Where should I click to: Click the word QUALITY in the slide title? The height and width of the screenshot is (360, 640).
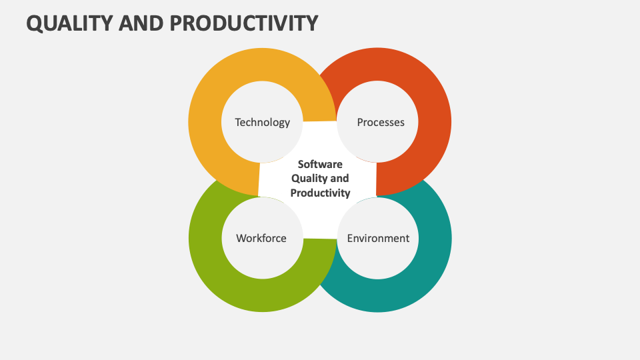(69, 23)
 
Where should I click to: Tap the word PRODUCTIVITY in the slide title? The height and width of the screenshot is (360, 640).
(243, 23)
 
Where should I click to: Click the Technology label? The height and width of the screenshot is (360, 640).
(263, 122)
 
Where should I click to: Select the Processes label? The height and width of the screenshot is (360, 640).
(381, 122)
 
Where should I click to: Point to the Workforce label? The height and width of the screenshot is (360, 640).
(261, 238)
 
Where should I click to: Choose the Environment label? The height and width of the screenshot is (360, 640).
(378, 238)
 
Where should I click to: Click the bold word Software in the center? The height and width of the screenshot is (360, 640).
(320, 164)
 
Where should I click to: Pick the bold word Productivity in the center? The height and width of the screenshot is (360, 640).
(320, 193)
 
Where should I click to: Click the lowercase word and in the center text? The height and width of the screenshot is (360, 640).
(339, 179)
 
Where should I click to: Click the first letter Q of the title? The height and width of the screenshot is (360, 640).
(34, 23)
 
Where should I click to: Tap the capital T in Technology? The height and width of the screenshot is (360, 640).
(238, 122)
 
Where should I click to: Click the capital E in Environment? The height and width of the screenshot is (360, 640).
(350, 238)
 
